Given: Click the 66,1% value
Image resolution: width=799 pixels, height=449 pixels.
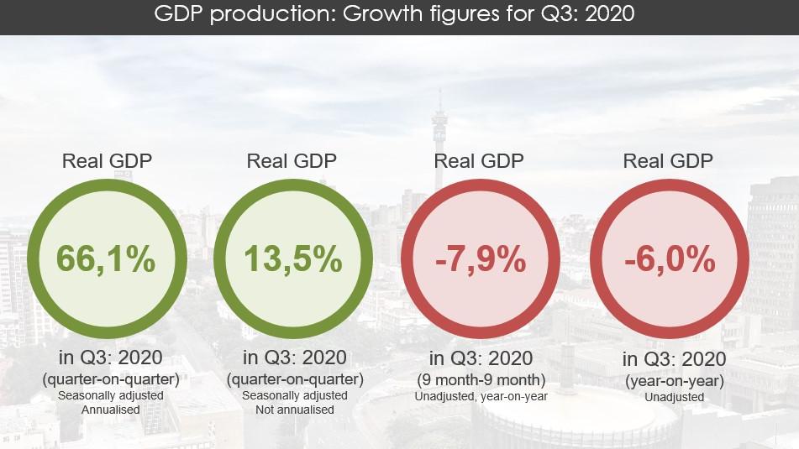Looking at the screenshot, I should click(x=106, y=259).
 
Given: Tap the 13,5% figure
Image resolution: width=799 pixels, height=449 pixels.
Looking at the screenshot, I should click(x=293, y=259).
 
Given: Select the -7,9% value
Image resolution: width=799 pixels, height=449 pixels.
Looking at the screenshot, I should click(x=481, y=260).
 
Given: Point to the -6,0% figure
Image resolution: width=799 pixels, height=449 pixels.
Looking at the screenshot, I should click(x=669, y=260).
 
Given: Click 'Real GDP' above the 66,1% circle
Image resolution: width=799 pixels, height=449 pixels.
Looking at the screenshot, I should click(x=107, y=161).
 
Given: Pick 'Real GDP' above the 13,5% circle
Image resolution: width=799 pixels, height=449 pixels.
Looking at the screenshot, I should click(x=292, y=161).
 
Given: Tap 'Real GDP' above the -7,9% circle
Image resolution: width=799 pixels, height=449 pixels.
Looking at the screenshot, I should click(x=479, y=161).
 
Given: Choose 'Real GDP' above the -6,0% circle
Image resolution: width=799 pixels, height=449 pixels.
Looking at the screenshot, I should click(x=668, y=161).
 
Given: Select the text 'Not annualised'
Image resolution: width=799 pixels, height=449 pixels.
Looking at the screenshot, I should click(x=294, y=410).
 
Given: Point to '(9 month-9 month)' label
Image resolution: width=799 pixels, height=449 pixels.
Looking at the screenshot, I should click(x=481, y=379).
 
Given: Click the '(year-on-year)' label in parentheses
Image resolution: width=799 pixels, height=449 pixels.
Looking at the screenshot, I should click(x=675, y=379).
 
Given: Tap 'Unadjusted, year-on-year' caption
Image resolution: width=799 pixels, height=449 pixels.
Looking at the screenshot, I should click(x=481, y=396).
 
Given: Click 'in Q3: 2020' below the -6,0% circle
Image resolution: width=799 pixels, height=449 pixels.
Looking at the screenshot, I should click(x=675, y=359).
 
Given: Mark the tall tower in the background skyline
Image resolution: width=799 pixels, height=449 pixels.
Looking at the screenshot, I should click(x=439, y=138).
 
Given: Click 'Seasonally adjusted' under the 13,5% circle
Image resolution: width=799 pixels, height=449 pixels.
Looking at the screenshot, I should click(x=294, y=394).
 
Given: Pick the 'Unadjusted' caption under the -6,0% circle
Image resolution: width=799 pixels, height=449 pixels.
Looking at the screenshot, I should click(x=675, y=396).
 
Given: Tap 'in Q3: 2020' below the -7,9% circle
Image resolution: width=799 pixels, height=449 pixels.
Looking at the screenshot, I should click(x=481, y=358).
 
